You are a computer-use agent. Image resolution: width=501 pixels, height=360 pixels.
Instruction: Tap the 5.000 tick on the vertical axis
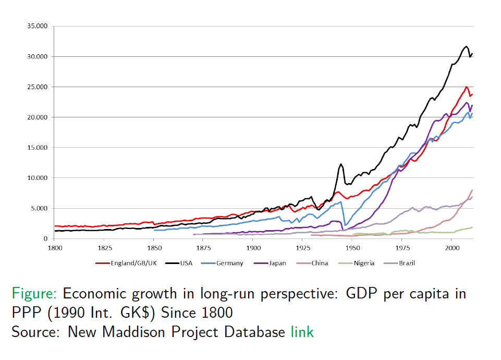tap(39, 208)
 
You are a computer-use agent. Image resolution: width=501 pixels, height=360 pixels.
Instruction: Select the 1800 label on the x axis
tap(55, 247)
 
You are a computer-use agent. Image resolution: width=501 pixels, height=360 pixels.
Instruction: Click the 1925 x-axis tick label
tap(303, 247)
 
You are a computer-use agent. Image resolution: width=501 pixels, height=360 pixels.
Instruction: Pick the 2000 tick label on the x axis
tap(452, 247)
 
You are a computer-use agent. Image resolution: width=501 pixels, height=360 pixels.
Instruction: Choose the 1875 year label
tap(203, 247)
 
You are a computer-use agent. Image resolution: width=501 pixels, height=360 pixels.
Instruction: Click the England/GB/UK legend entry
tap(133, 263)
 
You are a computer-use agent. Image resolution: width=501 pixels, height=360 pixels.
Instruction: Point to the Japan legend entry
tap(277, 263)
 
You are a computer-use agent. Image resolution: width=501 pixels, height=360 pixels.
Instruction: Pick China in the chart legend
tap(320, 263)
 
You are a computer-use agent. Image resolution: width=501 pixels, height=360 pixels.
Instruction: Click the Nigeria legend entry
tap(363, 263)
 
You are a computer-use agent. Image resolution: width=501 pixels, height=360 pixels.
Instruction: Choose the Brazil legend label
tap(407, 263)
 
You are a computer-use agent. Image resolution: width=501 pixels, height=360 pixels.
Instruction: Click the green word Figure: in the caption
tap(35, 293)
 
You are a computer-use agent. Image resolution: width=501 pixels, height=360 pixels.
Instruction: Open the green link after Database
tap(302, 331)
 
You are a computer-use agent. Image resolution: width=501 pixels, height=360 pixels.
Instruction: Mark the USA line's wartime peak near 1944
tap(341, 164)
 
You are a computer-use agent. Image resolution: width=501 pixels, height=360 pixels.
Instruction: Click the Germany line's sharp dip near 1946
tap(345, 225)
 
